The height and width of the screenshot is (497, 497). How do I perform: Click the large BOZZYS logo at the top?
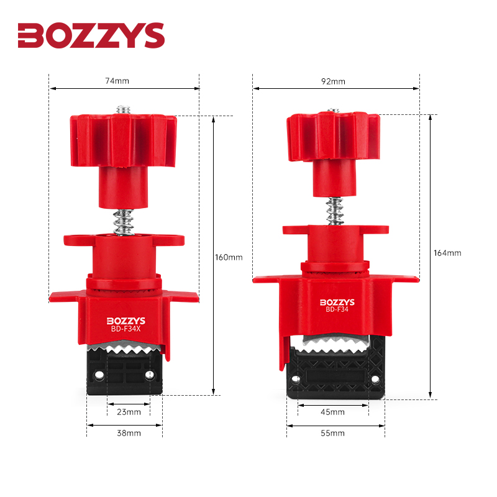click(x=91, y=35)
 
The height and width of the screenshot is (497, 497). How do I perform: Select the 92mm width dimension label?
click(x=334, y=81)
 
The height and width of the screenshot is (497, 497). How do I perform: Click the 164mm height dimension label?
click(x=448, y=253)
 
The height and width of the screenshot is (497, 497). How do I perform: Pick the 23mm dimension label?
click(x=129, y=411)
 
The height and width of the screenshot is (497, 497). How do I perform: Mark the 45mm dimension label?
click(x=333, y=412)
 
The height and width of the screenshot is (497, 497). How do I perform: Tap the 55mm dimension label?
click(x=333, y=433)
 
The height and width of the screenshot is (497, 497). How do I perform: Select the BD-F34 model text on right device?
click(x=337, y=311)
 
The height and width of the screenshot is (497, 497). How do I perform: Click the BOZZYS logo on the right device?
click(x=337, y=302)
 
